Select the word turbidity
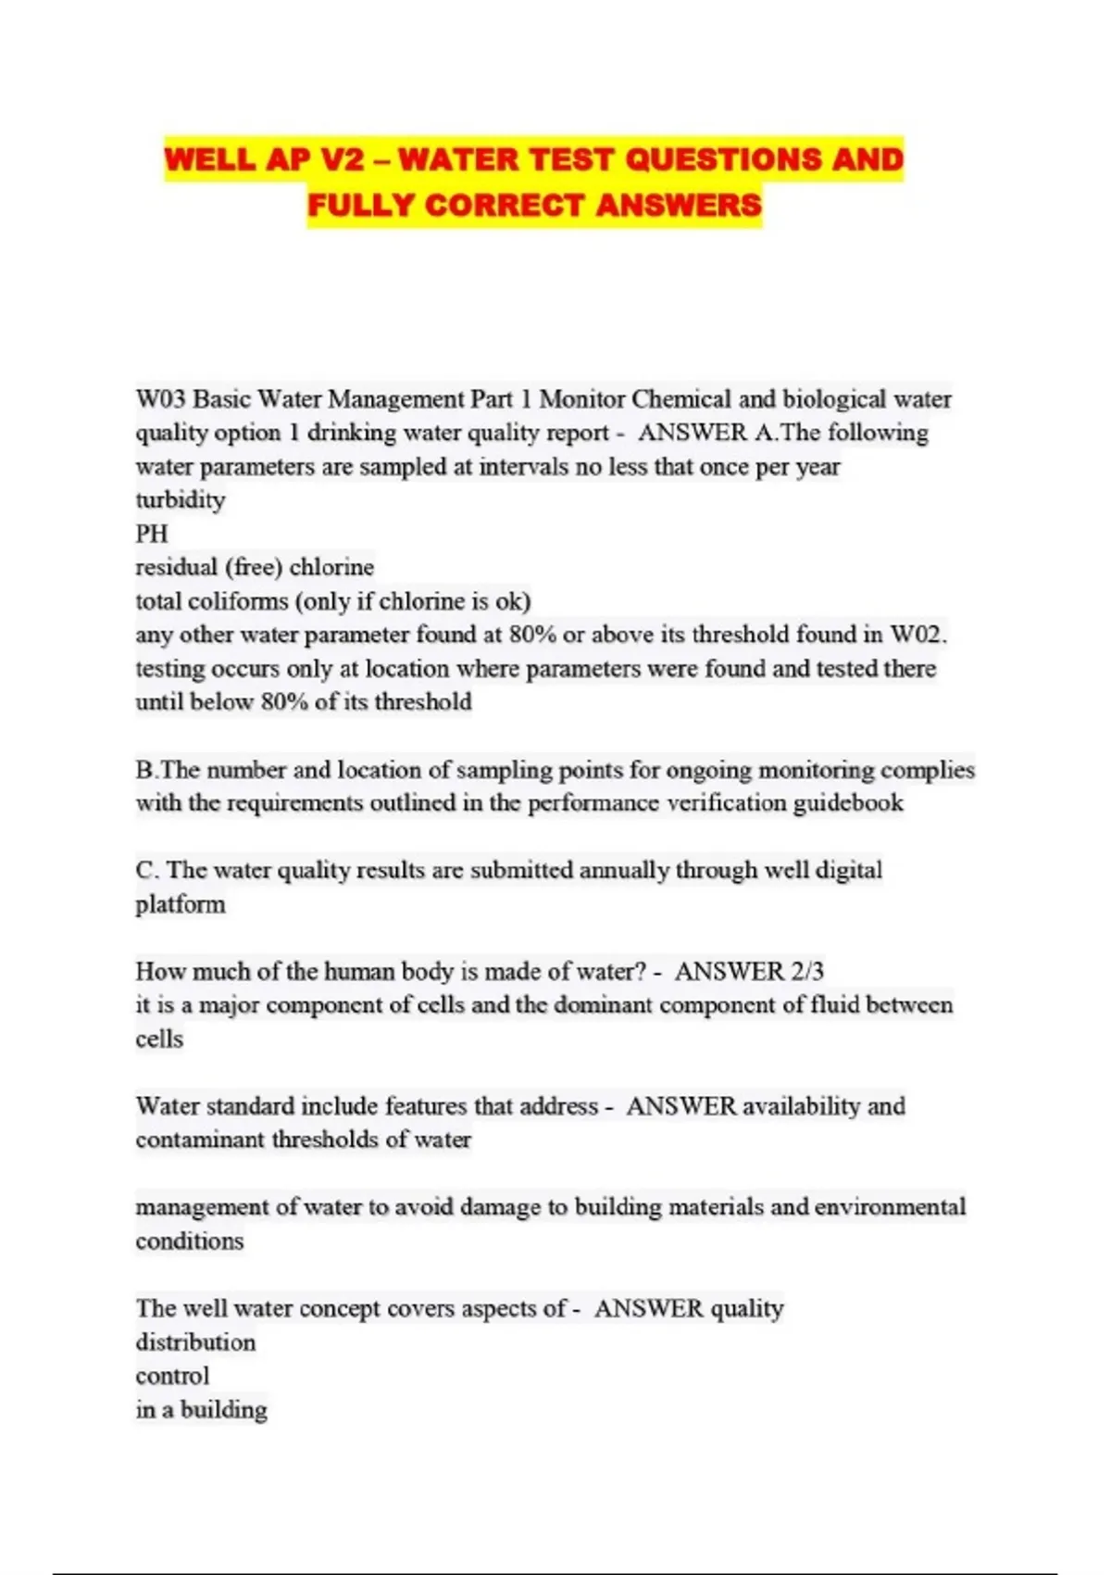click(x=181, y=500)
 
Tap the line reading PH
click(x=152, y=534)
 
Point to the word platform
click(x=181, y=904)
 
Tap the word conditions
click(x=190, y=1241)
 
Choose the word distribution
click(x=195, y=1342)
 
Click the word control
click(x=172, y=1376)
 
